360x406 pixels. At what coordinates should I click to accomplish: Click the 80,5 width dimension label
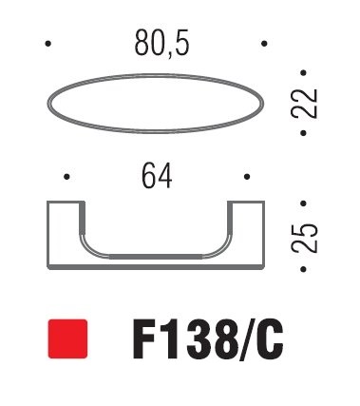tap(161, 43)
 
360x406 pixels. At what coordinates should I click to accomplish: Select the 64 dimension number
tap(157, 176)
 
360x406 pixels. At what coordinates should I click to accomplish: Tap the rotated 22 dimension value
tap(304, 104)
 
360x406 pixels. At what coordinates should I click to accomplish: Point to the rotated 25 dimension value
tap(304, 238)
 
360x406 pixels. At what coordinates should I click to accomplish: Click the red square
tap(67, 338)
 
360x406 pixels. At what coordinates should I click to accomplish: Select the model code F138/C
tap(208, 339)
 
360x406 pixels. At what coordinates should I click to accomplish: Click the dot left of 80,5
tap(47, 44)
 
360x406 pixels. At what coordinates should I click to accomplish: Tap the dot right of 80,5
tap(264, 44)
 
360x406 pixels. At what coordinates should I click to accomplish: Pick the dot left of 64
tap(66, 177)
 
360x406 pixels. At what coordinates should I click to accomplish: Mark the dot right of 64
tap(247, 177)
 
